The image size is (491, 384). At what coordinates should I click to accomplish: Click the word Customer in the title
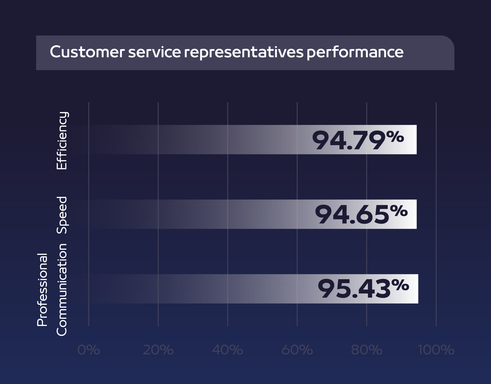[87, 52]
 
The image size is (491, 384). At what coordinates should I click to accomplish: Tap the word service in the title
[154, 52]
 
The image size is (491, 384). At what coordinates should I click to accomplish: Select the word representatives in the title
[243, 52]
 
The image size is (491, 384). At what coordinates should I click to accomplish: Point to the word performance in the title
[355, 52]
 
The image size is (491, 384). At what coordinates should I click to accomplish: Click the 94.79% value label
[358, 140]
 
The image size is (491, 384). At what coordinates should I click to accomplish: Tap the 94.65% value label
[361, 214]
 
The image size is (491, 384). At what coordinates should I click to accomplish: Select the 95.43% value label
[363, 289]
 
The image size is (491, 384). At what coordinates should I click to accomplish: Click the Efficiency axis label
[62, 140]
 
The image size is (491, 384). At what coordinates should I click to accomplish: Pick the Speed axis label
[62, 215]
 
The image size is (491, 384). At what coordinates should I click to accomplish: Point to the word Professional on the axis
[42, 289]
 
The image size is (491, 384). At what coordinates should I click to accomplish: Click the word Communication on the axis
[62, 289]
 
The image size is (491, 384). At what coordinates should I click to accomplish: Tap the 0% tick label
[88, 350]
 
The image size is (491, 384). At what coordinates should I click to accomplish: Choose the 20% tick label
[158, 350]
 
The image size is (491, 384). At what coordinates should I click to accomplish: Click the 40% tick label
[227, 350]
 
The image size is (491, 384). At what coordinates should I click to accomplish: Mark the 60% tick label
[297, 350]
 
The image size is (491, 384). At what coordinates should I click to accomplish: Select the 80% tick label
[366, 350]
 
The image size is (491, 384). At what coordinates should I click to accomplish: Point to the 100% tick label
[436, 350]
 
